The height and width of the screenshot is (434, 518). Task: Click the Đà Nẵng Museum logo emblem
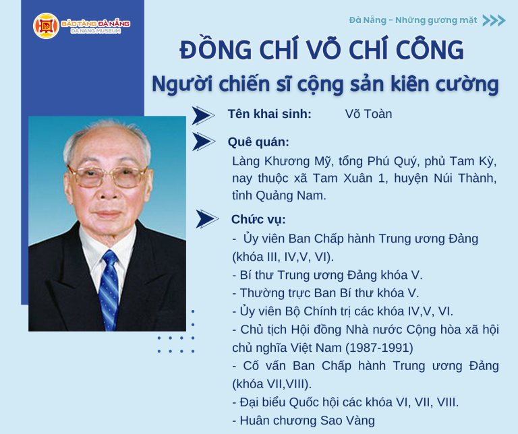click(x=47, y=26)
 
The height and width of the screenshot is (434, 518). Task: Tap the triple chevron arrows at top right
click(x=494, y=20)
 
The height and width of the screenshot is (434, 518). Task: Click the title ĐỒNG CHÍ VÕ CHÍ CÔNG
click(x=322, y=51)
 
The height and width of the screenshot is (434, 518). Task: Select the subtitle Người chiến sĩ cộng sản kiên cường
click(x=325, y=84)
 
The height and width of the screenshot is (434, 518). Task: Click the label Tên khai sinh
click(x=270, y=114)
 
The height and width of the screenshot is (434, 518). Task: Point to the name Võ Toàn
click(x=368, y=114)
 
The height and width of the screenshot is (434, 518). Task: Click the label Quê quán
click(x=259, y=142)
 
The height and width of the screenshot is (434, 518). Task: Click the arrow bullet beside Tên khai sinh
click(x=202, y=115)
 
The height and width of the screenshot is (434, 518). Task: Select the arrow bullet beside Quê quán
click(x=203, y=142)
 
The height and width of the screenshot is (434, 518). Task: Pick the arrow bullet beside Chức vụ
click(x=206, y=220)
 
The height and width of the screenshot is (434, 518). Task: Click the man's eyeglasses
click(x=107, y=177)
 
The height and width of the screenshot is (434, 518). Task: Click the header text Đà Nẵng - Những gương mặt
click(x=413, y=20)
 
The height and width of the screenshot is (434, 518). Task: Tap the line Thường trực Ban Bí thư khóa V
click(x=325, y=293)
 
